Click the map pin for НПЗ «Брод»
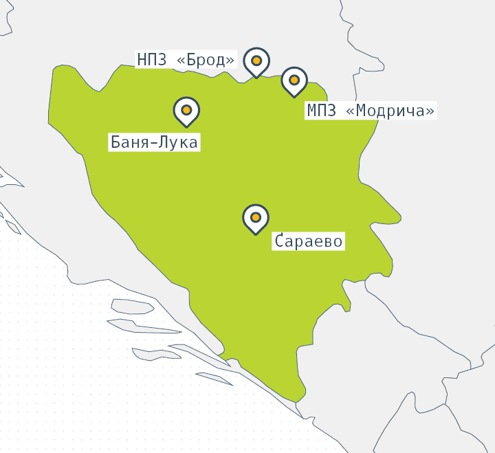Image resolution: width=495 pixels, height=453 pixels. point(256,61)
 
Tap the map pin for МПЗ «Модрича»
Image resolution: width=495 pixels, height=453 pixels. point(294,80)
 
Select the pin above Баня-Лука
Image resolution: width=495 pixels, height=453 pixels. point(186,110)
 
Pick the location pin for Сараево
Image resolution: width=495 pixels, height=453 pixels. point(256,217)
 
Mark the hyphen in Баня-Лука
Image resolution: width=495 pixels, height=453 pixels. point(155,143)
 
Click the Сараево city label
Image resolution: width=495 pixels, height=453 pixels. point(308,241)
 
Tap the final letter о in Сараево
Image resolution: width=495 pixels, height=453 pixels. point(338,241)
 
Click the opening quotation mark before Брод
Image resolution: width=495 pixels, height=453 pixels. point(181,60)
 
